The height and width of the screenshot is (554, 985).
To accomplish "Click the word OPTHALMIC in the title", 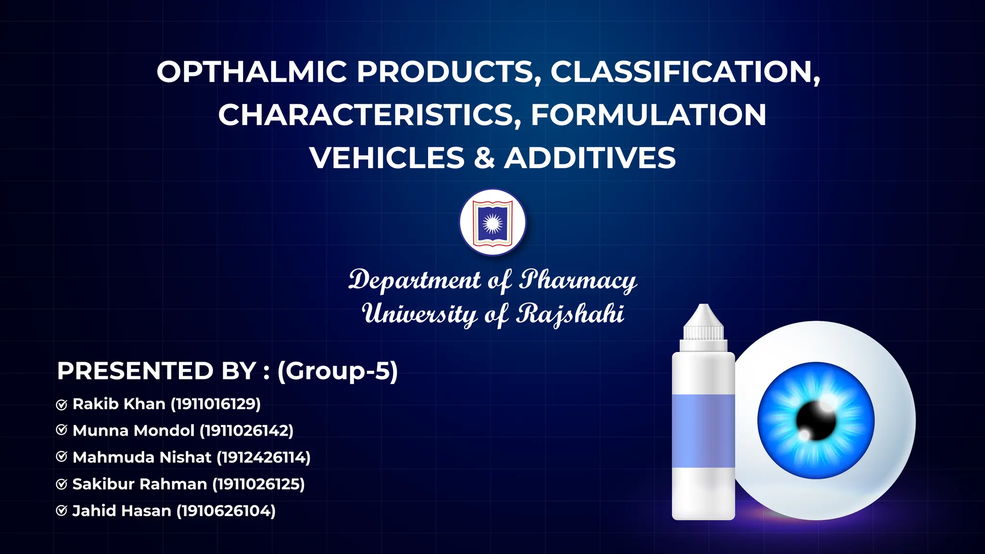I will point(252,72).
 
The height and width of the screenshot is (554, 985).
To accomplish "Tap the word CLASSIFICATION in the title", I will point(685,72).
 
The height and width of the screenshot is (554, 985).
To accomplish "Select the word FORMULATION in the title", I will point(648,115).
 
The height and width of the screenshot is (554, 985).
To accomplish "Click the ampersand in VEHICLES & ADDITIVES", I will point(484,158).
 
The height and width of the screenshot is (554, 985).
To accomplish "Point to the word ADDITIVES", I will point(590,158).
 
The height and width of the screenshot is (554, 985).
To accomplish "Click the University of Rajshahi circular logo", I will point(492,222).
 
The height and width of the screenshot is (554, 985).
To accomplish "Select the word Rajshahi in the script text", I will point(570,315).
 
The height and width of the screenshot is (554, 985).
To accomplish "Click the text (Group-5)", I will point(338,371).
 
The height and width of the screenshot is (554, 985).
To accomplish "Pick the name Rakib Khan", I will point(119,404).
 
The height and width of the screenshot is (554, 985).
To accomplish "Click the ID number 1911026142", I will point(246,430).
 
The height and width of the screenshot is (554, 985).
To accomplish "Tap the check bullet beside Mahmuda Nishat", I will point(62,456).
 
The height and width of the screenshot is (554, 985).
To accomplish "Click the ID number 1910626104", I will point(226,511).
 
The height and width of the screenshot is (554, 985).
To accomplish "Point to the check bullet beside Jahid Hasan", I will point(62,510).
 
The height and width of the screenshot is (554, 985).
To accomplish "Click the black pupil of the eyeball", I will point(816,421).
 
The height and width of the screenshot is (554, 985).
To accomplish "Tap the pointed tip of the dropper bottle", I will point(704,308).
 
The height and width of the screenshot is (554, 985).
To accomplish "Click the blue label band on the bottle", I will point(703,430).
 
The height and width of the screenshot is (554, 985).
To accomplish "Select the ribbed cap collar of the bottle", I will point(704,332).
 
